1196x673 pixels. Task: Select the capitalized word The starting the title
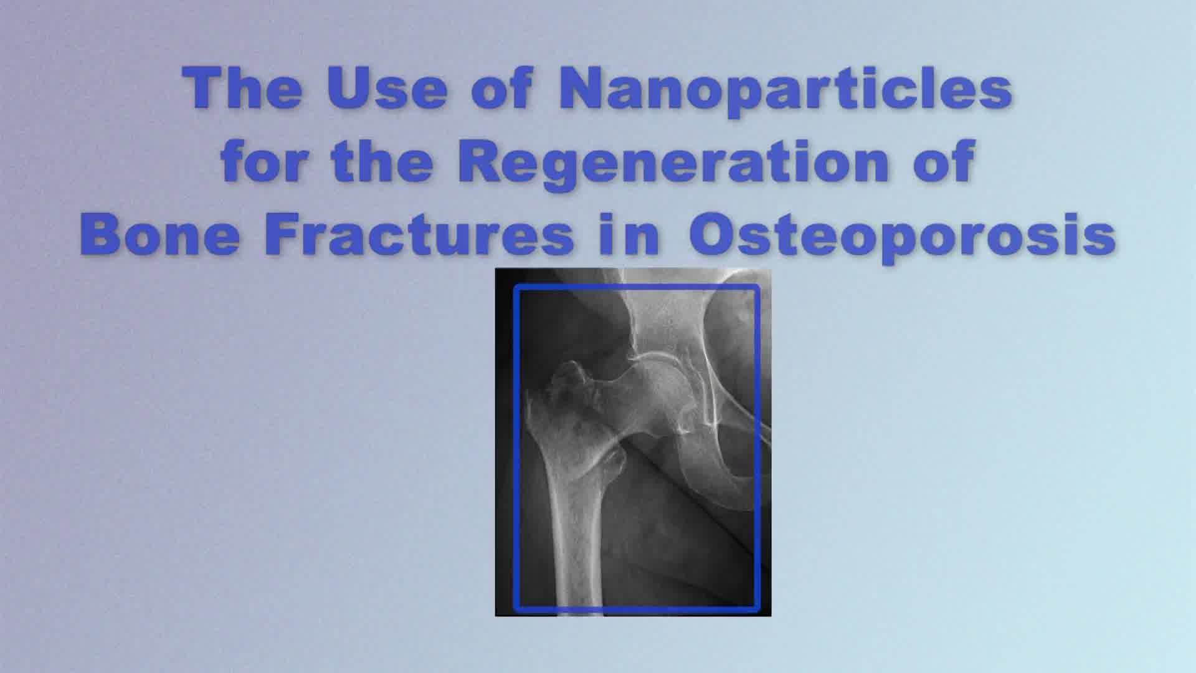[x=243, y=88]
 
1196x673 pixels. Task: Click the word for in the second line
[x=266, y=161]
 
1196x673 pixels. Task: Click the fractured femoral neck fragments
[x=570, y=389]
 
